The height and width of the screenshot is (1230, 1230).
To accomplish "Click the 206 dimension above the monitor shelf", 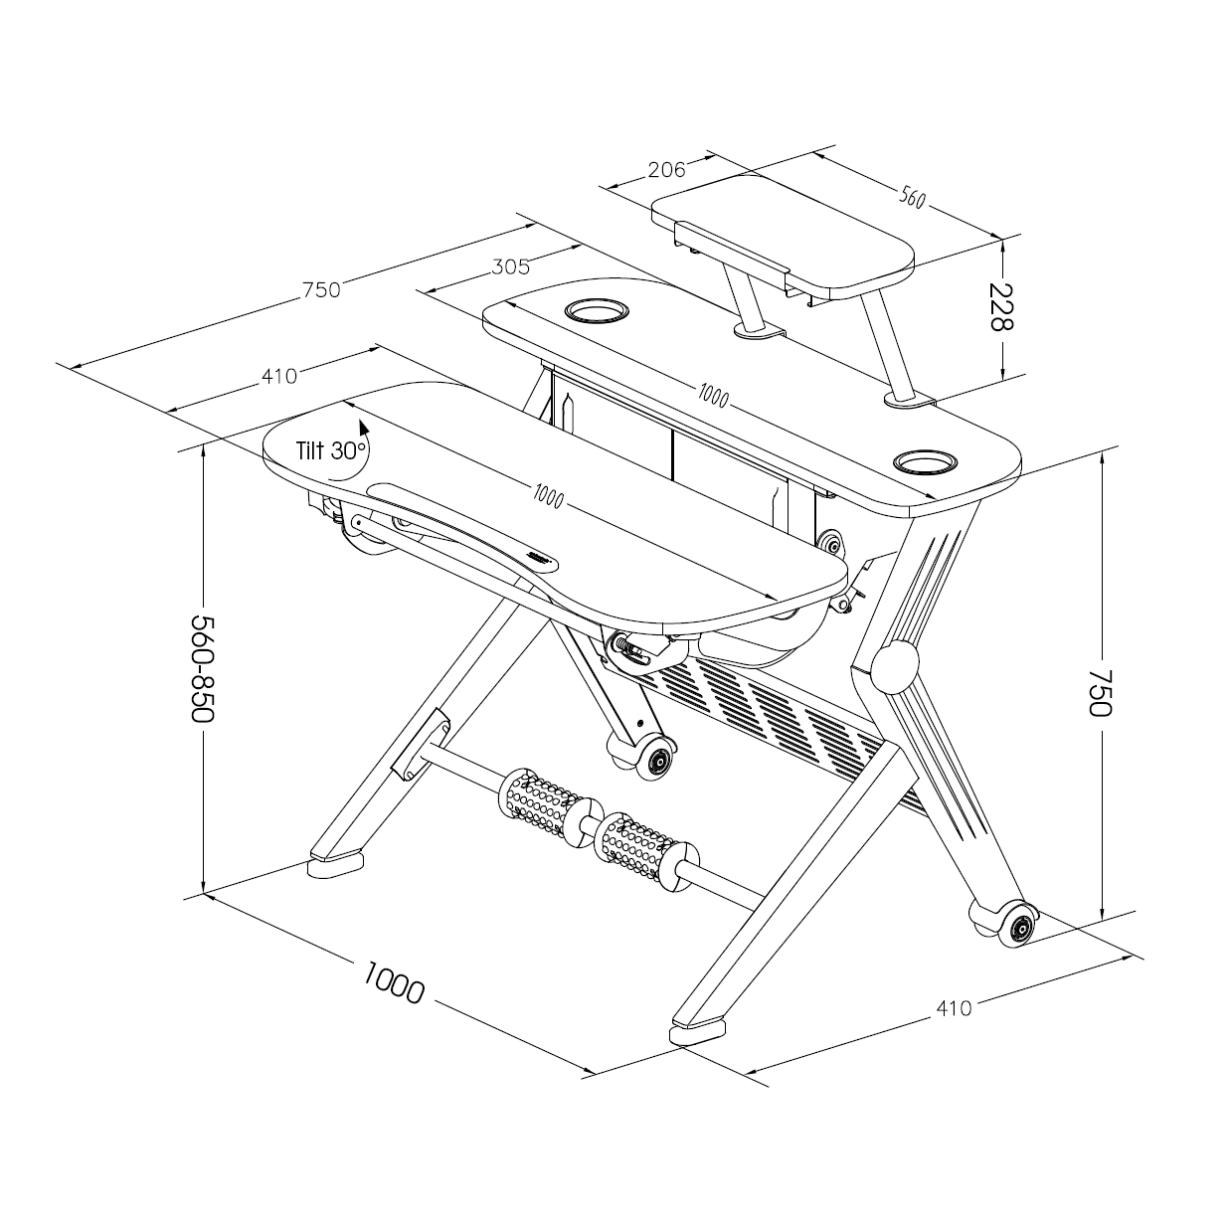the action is point(666,170).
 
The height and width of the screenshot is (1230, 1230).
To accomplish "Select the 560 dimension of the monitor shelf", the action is point(912,199).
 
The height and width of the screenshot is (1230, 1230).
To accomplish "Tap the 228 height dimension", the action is point(1000,306).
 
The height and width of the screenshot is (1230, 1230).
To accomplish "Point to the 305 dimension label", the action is point(511,266).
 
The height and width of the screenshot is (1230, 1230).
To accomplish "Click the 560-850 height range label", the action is point(203,668).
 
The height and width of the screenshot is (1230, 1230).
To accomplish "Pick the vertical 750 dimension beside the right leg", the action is point(1100,692).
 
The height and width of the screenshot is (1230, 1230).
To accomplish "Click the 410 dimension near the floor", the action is point(954,1008).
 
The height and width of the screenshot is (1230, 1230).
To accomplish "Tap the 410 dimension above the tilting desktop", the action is point(279,377).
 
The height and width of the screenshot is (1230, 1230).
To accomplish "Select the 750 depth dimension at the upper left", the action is point(322,289).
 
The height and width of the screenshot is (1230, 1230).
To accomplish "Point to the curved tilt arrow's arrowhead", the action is point(363,427).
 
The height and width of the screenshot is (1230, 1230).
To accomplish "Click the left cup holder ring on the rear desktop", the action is point(597,311).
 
